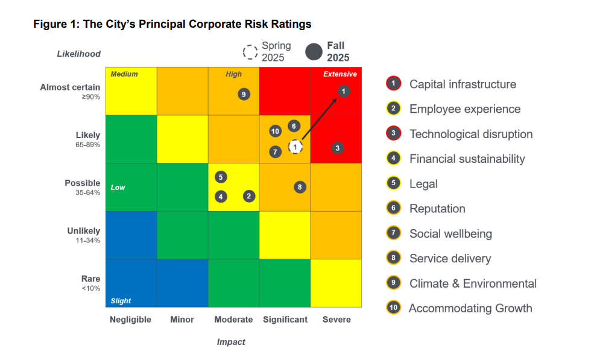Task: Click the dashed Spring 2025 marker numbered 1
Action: [295, 147]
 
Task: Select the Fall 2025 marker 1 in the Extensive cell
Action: [343, 92]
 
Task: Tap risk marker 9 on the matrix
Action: [244, 94]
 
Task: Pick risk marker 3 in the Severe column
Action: [338, 148]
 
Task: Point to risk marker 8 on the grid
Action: [300, 187]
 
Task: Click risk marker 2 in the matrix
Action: [248, 196]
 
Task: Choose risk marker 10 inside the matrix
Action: [275, 131]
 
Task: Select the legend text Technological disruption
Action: [470, 134]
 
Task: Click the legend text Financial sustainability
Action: [467, 159]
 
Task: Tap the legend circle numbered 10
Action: [393, 308]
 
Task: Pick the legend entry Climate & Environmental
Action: [472, 283]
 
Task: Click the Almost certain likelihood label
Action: [70, 87]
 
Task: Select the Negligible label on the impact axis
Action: [130, 320]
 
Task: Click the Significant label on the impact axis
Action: [285, 320]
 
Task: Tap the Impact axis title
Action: [231, 342]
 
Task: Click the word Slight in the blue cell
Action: [121, 301]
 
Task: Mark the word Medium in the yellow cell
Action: [124, 74]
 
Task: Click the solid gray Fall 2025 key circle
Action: [314, 52]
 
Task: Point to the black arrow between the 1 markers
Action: [320, 119]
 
